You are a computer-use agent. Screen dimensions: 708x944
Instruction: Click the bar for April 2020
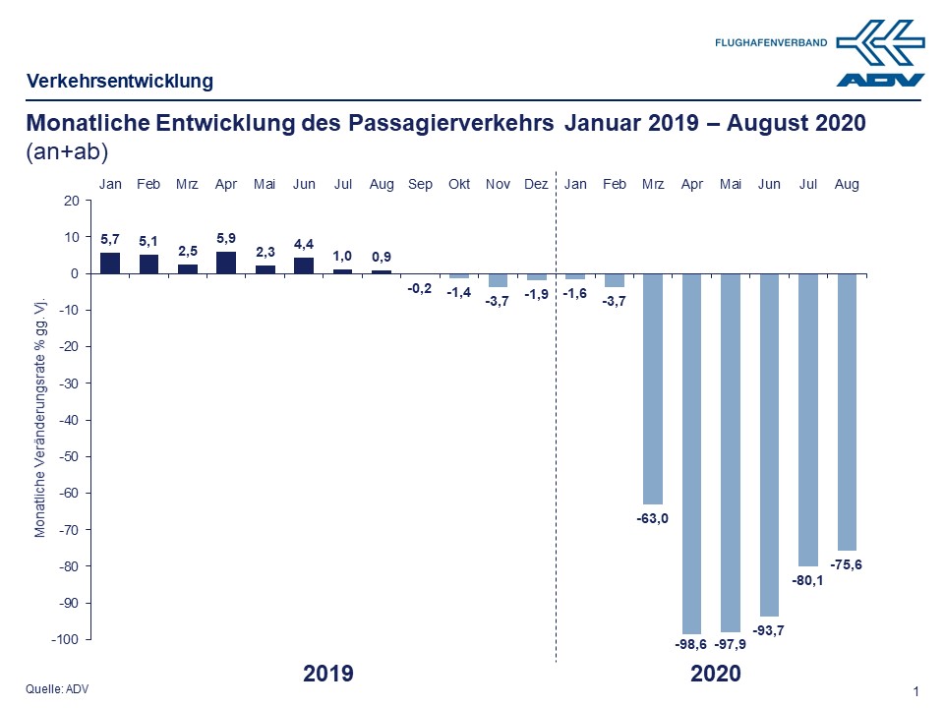click(691, 452)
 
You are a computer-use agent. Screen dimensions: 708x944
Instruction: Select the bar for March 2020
click(653, 388)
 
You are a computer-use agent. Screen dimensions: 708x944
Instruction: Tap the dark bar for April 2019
click(226, 263)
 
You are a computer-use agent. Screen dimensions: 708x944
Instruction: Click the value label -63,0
click(652, 518)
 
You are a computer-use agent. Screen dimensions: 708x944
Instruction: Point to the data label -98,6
click(691, 645)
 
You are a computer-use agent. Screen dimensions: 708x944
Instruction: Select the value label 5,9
click(226, 237)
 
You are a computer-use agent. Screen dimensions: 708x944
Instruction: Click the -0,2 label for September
click(420, 288)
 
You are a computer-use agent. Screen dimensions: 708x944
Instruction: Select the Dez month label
click(537, 184)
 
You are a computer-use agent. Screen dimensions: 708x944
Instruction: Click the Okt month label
click(459, 184)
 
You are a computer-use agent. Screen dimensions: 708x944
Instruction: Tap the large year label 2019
click(327, 675)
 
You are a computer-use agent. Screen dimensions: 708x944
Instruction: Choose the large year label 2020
click(715, 675)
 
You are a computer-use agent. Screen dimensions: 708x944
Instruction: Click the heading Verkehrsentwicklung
click(120, 82)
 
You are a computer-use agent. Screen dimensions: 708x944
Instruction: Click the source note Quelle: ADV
click(57, 688)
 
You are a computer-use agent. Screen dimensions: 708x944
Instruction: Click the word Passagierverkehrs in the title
click(451, 125)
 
